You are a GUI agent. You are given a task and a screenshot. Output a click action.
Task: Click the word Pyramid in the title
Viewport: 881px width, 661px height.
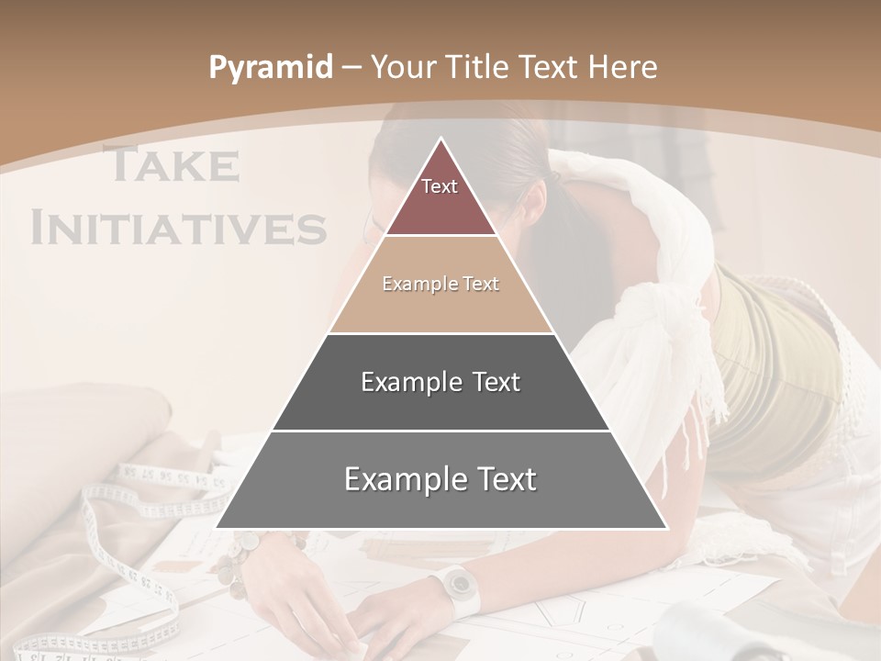[x=270, y=68]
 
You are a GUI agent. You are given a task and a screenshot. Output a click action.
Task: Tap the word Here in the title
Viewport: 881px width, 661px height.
[x=622, y=67]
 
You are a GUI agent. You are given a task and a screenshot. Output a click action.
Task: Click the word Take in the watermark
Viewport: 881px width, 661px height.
[x=172, y=165]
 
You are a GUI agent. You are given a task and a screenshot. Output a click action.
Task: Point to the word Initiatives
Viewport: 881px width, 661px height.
[x=178, y=227]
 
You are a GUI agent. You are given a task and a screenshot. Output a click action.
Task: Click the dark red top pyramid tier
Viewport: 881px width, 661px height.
[x=440, y=207]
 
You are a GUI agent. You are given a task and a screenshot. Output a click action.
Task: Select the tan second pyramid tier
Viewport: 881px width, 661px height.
[x=440, y=308]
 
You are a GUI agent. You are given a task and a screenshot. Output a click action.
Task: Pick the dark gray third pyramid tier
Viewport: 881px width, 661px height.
[x=440, y=404]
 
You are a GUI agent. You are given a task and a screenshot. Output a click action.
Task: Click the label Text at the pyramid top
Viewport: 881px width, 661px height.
[x=440, y=186]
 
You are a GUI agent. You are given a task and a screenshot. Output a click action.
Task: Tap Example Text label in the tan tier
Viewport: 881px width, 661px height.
[x=440, y=285]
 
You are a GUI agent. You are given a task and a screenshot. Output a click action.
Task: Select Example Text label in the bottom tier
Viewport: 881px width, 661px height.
[x=440, y=479]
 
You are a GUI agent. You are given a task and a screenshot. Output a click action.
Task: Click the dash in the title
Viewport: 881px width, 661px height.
[x=351, y=68]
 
